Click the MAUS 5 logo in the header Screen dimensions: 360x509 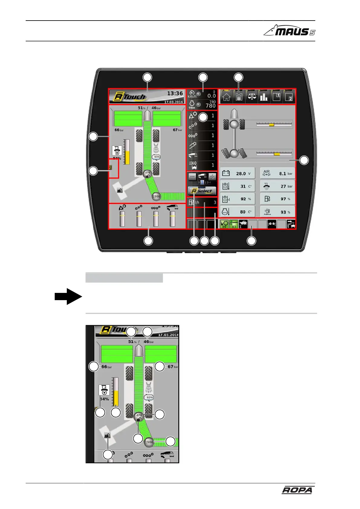pos(289,31)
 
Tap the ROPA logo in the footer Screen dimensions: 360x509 pos(297,490)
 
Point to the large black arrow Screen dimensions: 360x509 pos(68,296)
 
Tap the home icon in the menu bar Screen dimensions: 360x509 pos(226,97)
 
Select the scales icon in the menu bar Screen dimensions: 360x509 pos(251,97)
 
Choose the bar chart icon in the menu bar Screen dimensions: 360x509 pos(264,97)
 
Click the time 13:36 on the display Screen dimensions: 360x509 pos(175,93)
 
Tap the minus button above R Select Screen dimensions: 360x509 pos(192,177)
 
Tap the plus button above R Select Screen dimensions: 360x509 pos(212,177)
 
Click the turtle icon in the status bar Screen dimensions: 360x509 pos(243,224)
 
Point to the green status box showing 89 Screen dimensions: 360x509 pos(224,224)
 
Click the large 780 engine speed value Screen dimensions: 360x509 pos(211,105)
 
